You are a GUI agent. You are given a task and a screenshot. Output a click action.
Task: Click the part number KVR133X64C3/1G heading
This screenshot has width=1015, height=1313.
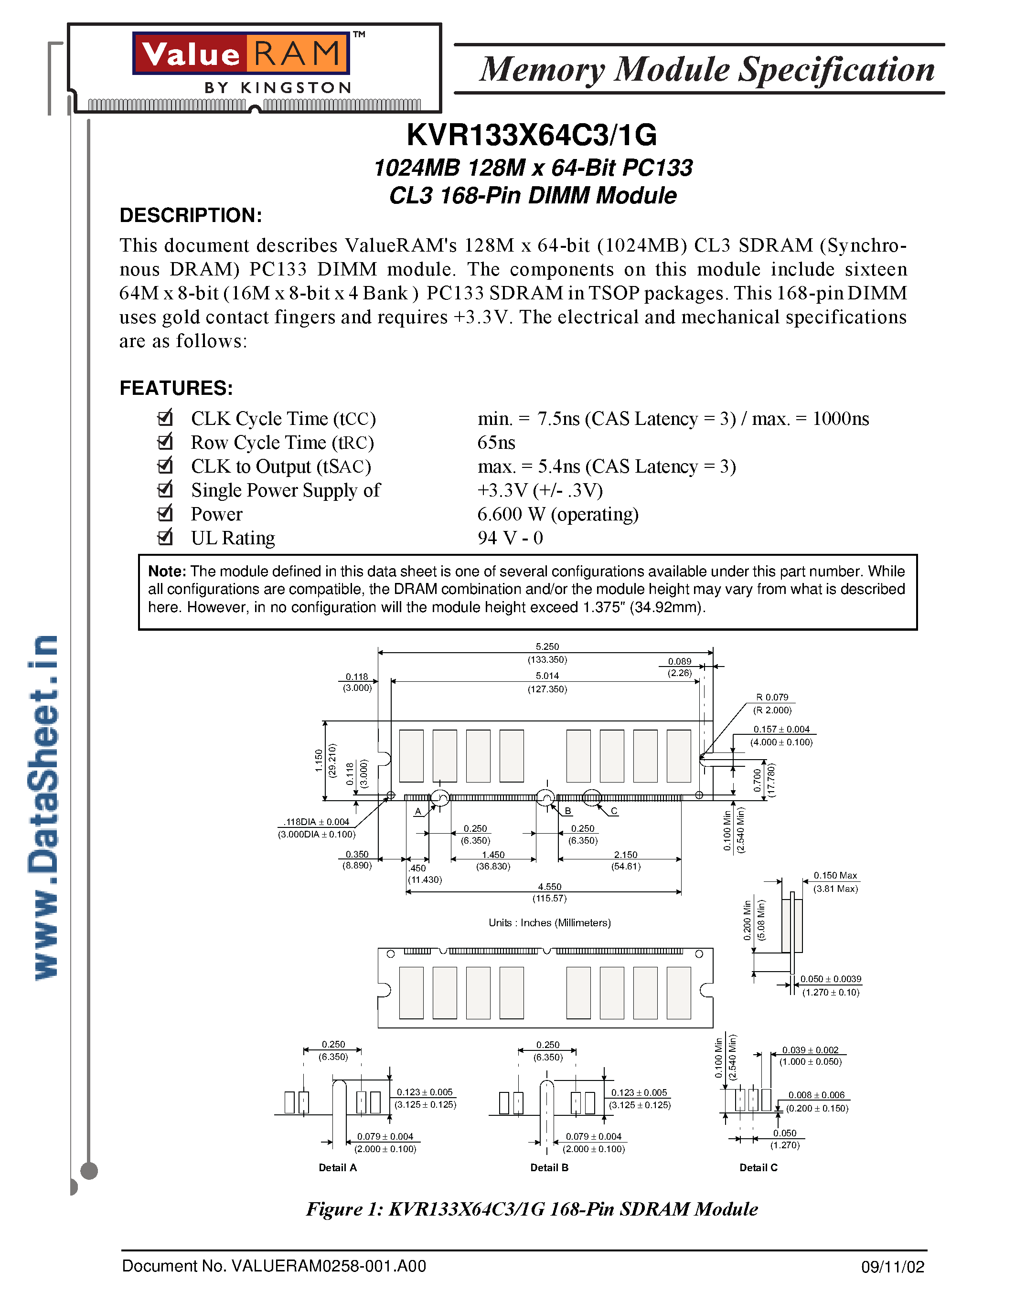(x=532, y=135)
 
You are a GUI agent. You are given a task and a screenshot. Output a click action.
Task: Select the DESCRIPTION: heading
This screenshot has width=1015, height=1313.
(x=191, y=215)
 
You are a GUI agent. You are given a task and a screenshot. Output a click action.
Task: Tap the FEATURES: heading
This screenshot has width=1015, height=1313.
(x=176, y=388)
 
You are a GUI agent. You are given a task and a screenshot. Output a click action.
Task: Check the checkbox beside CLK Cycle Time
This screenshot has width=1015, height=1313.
(x=165, y=417)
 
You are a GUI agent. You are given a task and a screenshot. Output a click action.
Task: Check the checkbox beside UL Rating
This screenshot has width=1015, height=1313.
(x=165, y=536)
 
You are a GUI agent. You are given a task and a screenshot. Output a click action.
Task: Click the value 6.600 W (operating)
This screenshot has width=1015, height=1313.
(x=557, y=514)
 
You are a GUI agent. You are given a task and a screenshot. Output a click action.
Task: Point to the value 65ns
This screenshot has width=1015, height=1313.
(x=496, y=443)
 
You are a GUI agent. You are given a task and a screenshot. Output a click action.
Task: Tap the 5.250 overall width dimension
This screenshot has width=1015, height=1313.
(x=547, y=647)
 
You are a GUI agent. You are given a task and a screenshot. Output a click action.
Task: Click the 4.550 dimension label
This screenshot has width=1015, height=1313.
(x=550, y=887)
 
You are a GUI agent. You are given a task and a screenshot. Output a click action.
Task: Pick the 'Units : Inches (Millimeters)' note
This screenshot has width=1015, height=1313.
(x=550, y=923)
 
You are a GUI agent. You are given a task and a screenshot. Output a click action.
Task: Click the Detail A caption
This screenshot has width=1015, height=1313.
(x=337, y=1167)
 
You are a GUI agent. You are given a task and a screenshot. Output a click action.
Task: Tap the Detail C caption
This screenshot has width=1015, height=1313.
(x=758, y=1167)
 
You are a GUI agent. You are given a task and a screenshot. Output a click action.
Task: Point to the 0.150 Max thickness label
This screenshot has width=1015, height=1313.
(x=835, y=875)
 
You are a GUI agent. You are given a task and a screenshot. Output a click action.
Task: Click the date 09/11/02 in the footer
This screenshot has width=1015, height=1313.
(x=892, y=1267)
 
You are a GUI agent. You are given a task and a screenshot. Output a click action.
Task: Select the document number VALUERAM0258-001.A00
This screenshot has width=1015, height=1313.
(x=274, y=1266)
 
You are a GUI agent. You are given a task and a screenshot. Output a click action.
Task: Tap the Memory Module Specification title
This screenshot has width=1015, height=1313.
(x=707, y=69)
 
